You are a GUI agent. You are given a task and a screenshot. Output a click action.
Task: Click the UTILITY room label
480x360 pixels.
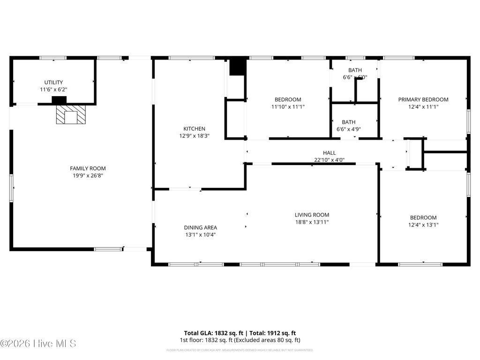coord(53,82)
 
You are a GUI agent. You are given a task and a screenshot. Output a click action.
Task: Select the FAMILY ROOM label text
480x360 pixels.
coord(88,168)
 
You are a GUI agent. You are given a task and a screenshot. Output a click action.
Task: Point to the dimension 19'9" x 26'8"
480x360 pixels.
coord(88,176)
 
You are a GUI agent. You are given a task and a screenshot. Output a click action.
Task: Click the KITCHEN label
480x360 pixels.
coord(194,128)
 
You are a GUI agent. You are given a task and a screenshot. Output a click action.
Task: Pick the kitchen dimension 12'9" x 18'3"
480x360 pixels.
coord(194,136)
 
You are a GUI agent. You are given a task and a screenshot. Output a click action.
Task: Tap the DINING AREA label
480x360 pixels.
coord(200,227)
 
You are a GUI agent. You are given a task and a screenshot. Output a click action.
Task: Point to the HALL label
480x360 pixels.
coord(329,152)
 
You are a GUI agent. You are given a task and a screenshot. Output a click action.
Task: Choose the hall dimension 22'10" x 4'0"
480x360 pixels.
coord(329,160)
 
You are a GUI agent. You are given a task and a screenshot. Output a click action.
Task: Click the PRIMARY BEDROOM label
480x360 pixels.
coord(423,99)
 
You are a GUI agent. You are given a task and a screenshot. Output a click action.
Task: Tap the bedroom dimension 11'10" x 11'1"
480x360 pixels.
coord(288,107)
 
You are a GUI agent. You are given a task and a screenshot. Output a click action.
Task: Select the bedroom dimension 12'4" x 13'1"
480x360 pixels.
coord(423,225)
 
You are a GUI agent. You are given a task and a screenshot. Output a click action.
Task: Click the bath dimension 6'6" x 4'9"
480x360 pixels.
coord(348,129)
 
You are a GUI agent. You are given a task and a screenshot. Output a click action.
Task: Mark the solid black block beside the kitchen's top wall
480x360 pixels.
coord(238,67)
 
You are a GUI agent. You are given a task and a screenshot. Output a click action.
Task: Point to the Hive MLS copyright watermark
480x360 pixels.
coord(38,344)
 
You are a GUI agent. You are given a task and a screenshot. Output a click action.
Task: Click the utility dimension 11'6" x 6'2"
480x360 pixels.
coord(53,90)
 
